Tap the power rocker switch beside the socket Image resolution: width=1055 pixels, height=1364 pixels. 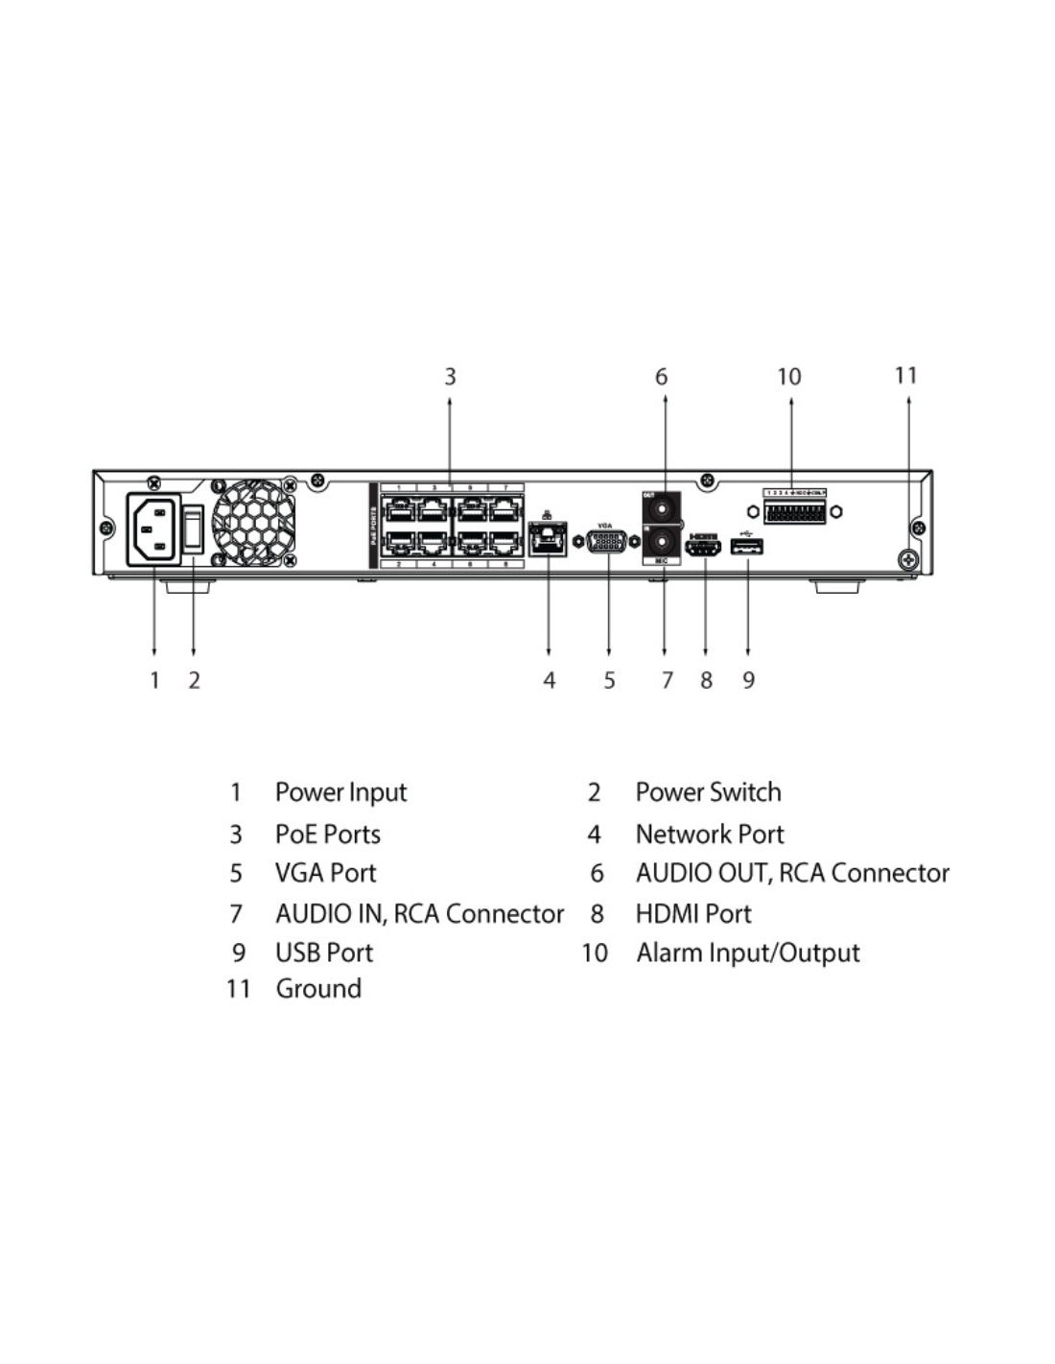point(194,529)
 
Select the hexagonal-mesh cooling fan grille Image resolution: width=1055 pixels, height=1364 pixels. point(253,522)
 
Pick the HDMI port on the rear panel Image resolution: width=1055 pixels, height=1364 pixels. point(704,549)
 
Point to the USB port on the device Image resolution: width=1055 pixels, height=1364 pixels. point(747,548)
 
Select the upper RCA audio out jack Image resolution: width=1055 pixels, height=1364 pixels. point(662,508)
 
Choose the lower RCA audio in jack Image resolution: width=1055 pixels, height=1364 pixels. point(662,544)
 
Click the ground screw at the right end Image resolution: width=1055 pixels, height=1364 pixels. point(906,560)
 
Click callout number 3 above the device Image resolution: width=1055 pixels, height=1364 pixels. point(450,377)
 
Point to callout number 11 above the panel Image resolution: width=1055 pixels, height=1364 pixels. point(906,375)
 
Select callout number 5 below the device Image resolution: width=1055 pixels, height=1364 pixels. point(609,680)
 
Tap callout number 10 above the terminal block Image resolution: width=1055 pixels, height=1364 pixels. point(789,377)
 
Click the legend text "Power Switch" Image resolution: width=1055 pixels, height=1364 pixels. point(708,792)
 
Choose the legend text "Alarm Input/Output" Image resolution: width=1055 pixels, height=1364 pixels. point(747,952)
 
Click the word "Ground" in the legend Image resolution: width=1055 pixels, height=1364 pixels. point(318,989)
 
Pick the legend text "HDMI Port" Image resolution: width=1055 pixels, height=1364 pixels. point(693,913)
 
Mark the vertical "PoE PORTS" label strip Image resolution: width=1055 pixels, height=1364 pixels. point(374,526)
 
